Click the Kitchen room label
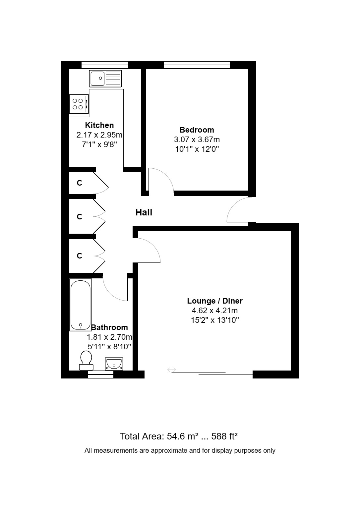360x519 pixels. [x=99, y=125]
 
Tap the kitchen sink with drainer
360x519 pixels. [x=105, y=79]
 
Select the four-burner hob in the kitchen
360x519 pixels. [x=79, y=104]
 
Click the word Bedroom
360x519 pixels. [x=197, y=130]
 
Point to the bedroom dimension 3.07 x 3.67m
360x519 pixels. [x=197, y=140]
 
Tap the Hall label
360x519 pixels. [x=144, y=212]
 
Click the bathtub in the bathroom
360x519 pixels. [x=81, y=305]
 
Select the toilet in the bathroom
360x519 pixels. [x=86, y=361]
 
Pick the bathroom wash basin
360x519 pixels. [x=114, y=364]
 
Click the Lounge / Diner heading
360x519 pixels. [x=215, y=301]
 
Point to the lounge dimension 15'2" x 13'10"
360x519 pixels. [x=215, y=320]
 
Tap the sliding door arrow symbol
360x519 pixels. [x=171, y=370]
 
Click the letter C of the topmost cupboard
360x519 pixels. [x=79, y=183]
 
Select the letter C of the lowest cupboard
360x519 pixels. [x=79, y=256]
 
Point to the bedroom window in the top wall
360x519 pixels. [x=197, y=65]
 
